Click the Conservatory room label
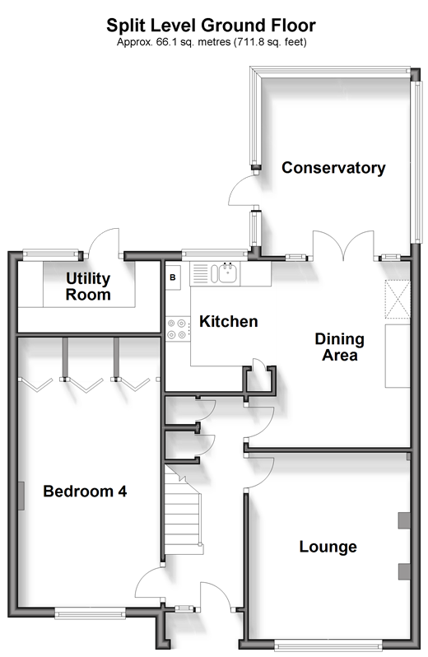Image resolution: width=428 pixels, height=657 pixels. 333,168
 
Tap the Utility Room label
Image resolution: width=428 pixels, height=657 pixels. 88,287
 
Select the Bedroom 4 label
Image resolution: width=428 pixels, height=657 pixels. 85,491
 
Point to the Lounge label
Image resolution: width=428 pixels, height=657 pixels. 328,547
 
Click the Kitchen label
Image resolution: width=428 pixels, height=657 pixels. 229,321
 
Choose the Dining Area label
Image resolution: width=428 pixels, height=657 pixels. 340,347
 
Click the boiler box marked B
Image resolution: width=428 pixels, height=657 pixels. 173,277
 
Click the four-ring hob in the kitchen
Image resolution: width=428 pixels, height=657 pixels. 176,329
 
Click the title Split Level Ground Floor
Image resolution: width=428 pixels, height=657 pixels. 211,26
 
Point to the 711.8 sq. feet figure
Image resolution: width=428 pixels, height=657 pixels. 271,42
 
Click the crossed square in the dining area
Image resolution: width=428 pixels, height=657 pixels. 398,299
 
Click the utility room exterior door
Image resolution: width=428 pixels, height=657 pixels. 105,243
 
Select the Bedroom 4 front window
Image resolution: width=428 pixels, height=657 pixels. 90,614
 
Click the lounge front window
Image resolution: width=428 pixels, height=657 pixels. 328,645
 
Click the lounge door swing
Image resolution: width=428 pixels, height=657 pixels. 259,473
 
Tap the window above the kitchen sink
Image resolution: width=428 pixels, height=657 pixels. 215,253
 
